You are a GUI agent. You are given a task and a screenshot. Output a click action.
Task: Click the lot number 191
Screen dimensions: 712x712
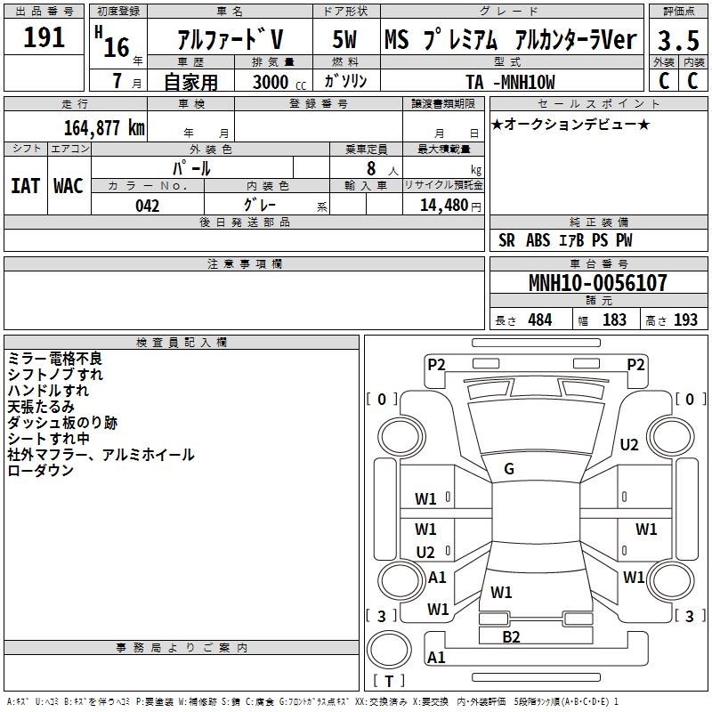click(x=44, y=37)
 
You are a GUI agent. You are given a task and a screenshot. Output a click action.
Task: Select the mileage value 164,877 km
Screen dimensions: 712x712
click(x=104, y=127)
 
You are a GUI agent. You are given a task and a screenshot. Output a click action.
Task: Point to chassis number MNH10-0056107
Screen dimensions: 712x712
click(x=597, y=284)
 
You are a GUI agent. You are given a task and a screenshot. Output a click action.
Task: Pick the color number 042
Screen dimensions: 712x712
click(x=147, y=206)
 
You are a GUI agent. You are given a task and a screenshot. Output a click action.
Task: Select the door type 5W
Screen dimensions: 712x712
click(x=345, y=39)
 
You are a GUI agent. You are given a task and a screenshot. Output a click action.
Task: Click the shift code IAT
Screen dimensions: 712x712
click(x=25, y=185)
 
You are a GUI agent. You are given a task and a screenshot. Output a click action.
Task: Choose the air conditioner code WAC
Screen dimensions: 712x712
click(x=68, y=185)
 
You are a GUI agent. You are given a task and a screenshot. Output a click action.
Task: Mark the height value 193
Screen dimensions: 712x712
click(x=685, y=320)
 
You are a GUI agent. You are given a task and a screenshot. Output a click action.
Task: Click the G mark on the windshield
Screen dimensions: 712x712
click(x=509, y=469)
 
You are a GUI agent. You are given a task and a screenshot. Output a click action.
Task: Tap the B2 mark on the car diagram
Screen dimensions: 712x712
click(x=511, y=636)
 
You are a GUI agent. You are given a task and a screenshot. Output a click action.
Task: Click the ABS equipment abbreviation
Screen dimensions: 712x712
click(x=538, y=240)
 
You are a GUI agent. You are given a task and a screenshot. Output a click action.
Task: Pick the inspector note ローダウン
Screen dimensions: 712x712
click(x=41, y=471)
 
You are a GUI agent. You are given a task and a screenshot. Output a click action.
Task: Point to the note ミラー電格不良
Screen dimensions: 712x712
click(x=55, y=359)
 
